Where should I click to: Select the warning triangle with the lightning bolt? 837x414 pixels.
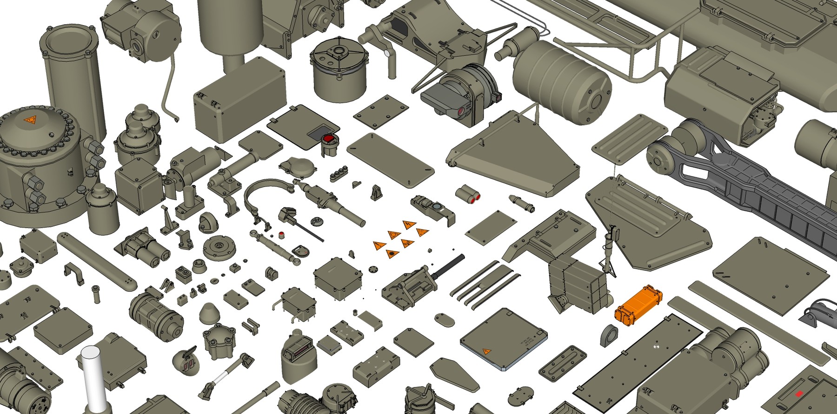[409, 225]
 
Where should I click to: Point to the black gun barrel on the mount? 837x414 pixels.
[448, 265]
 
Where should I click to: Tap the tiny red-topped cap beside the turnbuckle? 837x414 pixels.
[281, 234]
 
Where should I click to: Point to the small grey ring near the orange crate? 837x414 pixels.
[609, 335]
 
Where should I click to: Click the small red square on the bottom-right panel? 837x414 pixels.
[799, 394]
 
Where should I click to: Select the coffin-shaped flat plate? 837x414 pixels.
[455, 374]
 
